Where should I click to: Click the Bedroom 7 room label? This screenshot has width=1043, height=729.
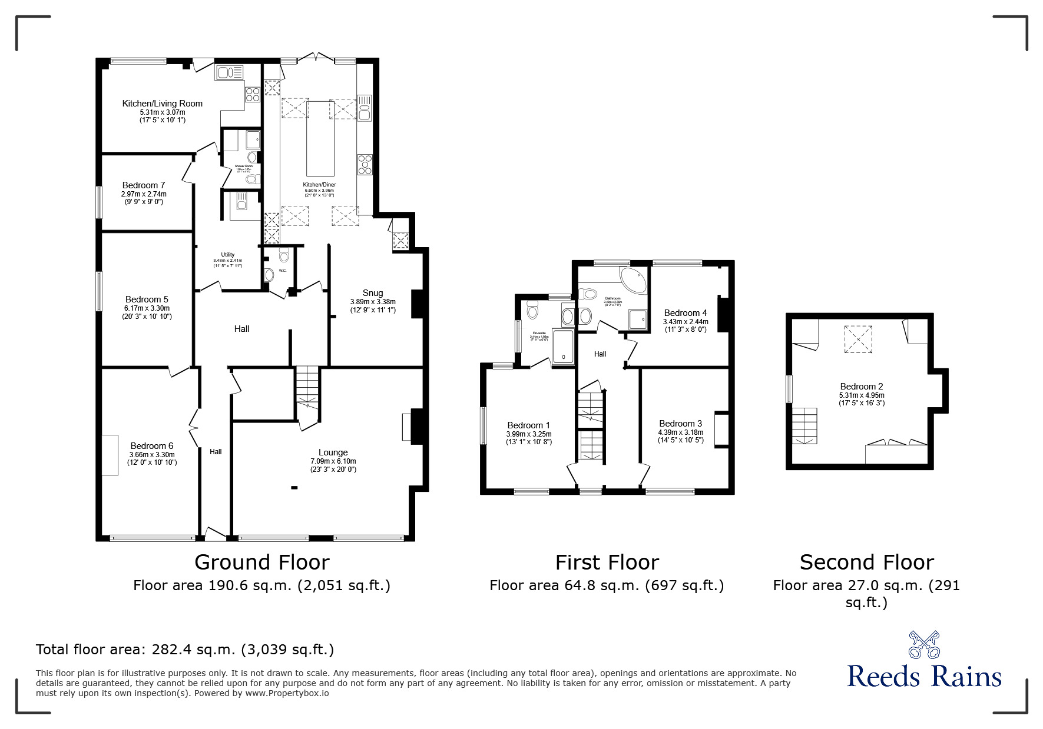(144, 185)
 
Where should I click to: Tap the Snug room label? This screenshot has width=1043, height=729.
(373, 292)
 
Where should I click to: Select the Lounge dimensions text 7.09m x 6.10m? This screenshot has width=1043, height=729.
(333, 461)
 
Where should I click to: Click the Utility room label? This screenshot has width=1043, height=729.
(228, 255)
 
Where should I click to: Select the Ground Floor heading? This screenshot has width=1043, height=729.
(261, 562)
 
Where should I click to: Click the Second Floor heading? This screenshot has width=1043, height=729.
(866, 562)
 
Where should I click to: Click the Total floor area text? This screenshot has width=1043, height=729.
(185, 650)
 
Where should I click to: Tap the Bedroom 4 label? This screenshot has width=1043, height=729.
(686, 313)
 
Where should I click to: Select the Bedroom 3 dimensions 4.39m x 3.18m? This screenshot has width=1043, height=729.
(680, 432)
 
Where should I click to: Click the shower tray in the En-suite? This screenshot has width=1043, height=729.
(563, 347)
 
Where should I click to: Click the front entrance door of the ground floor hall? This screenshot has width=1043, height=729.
(215, 534)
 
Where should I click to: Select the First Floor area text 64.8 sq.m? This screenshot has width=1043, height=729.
(607, 585)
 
